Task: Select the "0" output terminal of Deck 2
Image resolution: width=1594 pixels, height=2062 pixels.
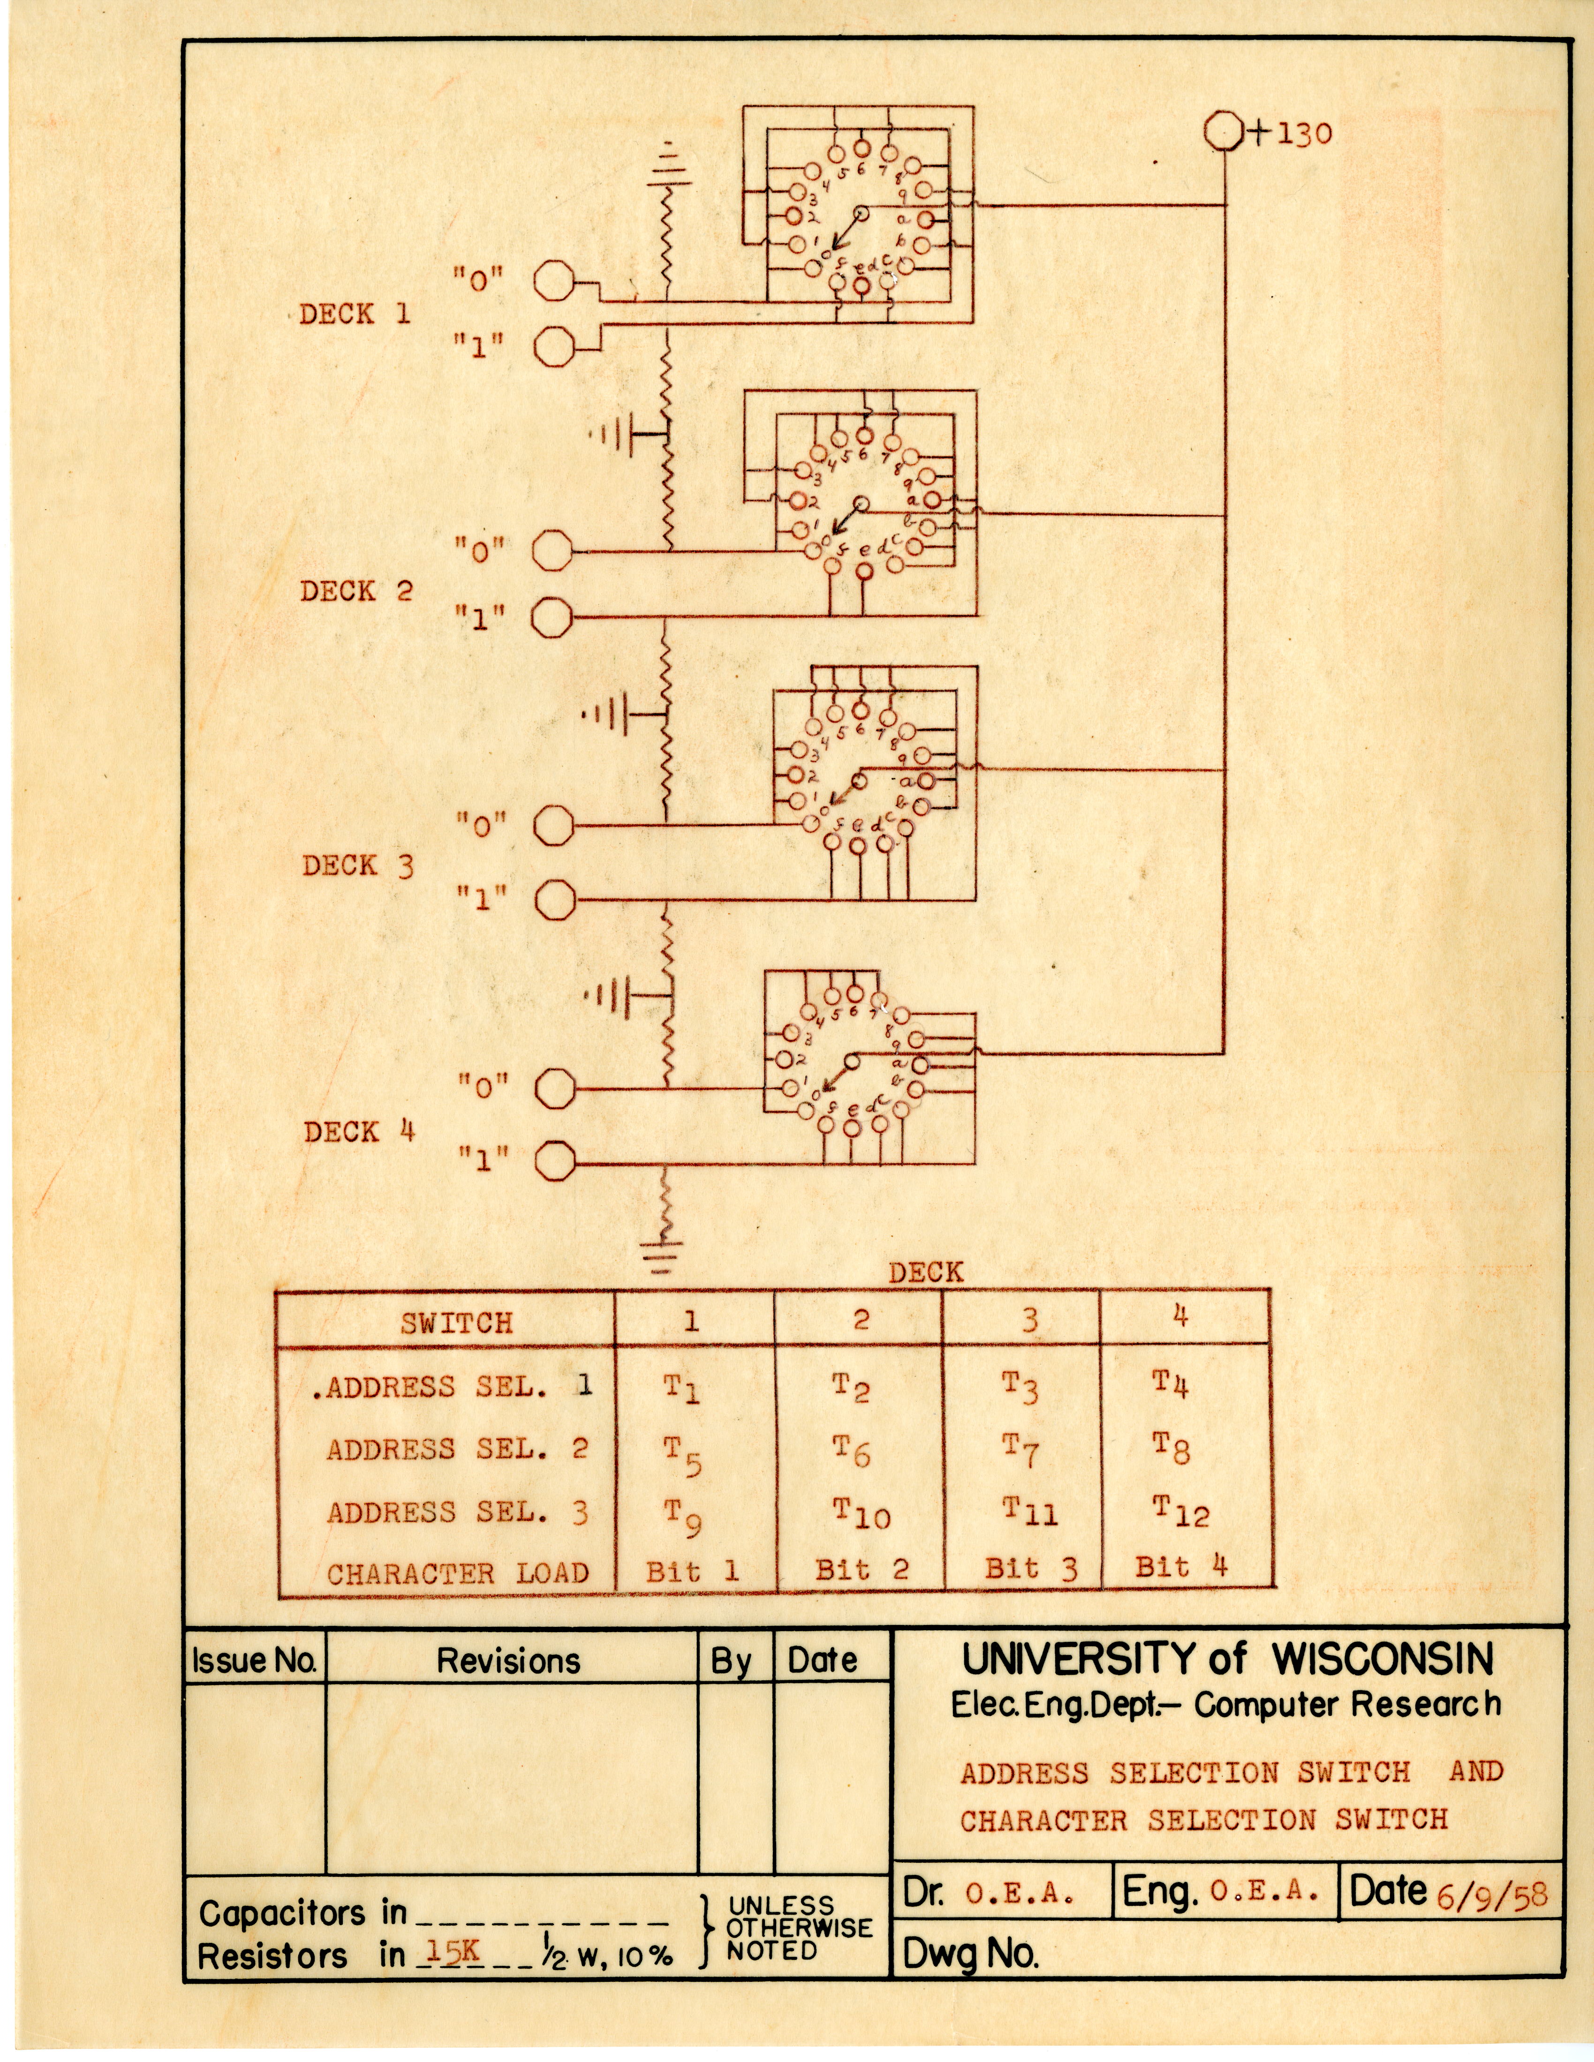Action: tap(552, 550)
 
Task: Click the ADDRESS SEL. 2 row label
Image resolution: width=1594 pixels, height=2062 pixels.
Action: tap(457, 1449)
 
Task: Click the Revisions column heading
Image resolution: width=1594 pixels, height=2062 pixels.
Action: tap(508, 1661)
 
